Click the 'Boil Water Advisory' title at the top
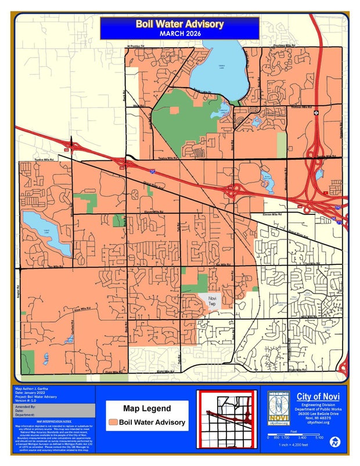(179, 24)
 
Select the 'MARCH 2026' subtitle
(179, 33)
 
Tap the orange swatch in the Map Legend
(114, 422)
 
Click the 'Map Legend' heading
(147, 408)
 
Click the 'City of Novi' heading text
(319, 396)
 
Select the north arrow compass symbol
(334, 442)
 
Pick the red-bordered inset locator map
(226, 416)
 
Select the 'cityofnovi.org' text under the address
(318, 422)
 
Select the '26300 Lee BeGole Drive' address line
(318, 413)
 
